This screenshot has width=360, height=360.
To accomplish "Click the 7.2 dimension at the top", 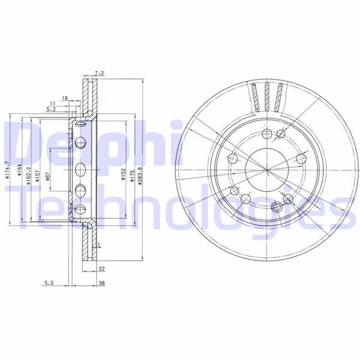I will click(x=100, y=73).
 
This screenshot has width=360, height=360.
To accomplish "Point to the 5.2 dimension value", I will click(x=51, y=110).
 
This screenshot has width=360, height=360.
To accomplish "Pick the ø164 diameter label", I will click(x=19, y=173).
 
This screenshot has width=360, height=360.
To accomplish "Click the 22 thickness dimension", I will click(x=101, y=268).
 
